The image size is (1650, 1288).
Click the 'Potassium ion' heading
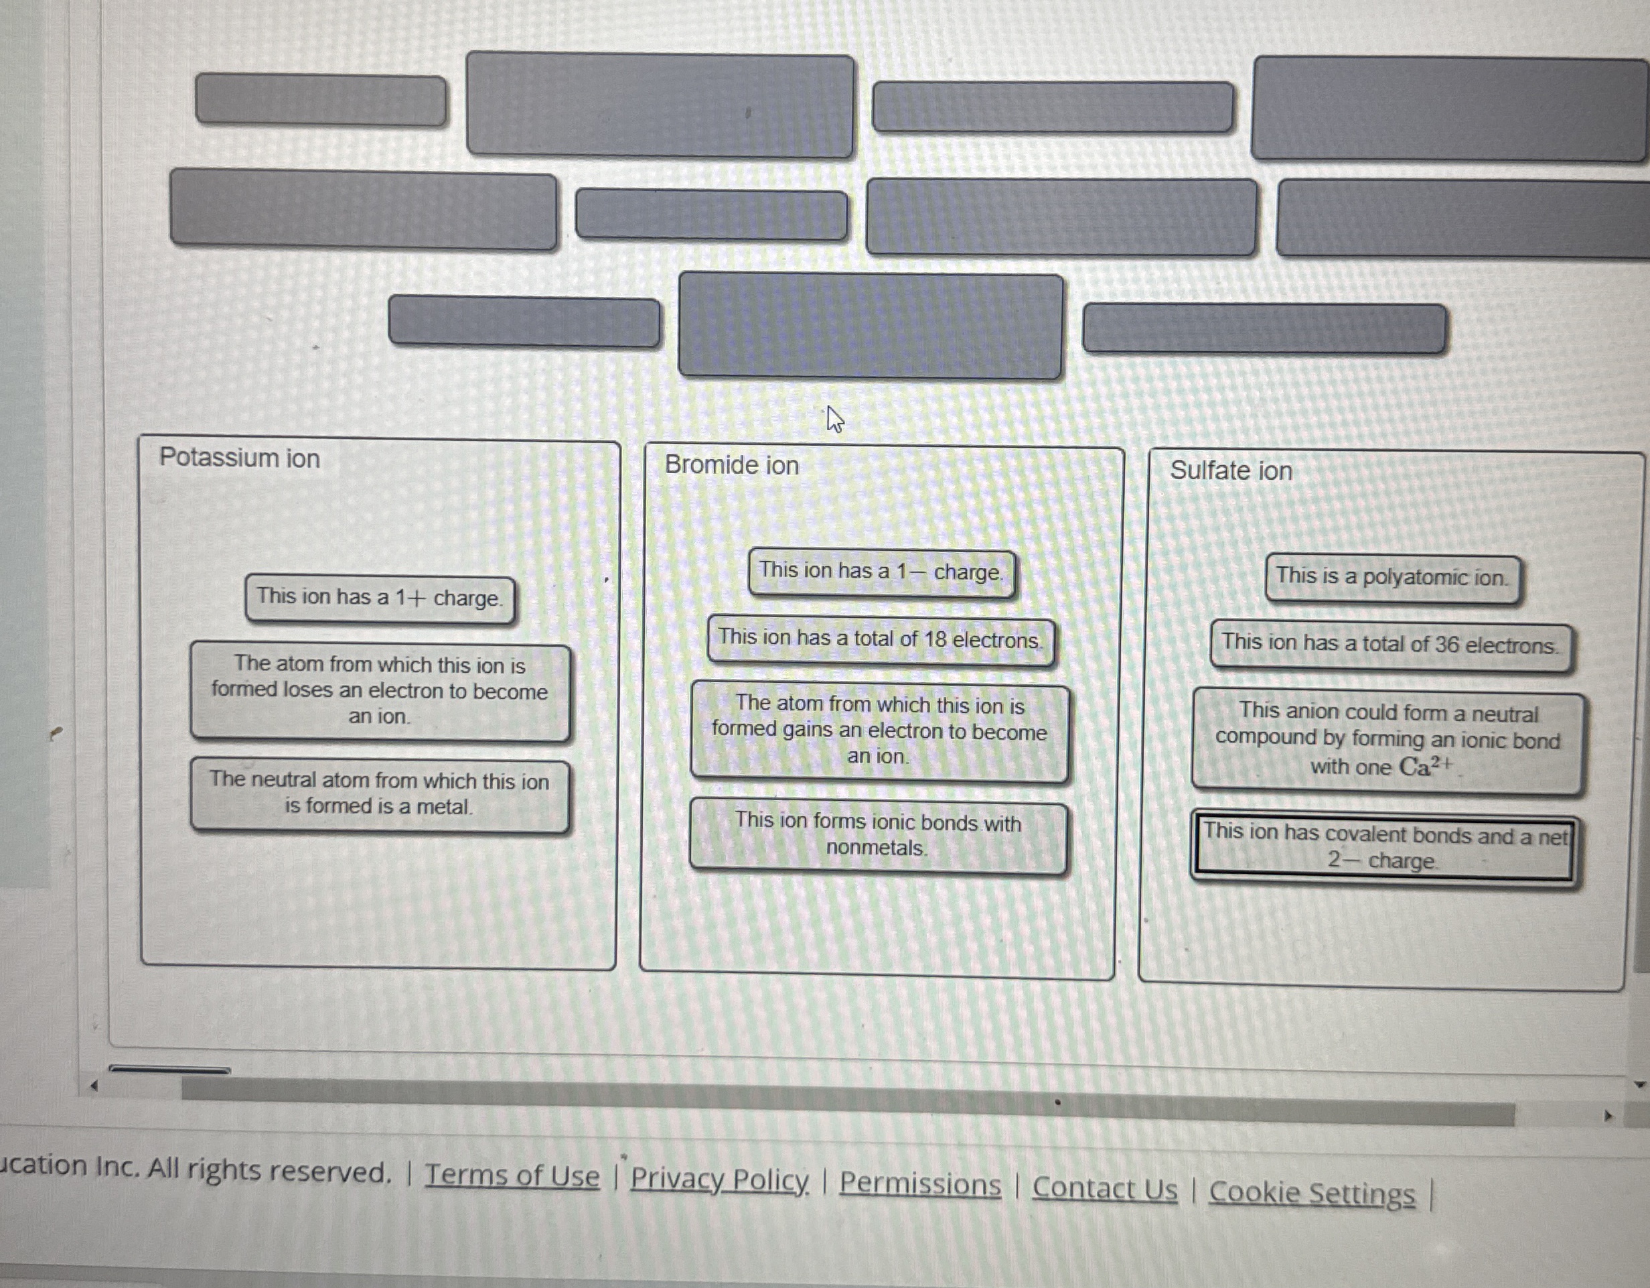pyautogui.click(x=240, y=458)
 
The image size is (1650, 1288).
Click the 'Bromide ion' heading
pyautogui.click(x=731, y=465)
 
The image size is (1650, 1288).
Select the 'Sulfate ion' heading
pyautogui.click(x=1231, y=471)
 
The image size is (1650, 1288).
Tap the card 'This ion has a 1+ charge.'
pyautogui.click(x=379, y=598)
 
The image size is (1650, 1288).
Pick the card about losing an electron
pyautogui.click(x=380, y=691)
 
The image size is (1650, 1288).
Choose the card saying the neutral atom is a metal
pyautogui.click(x=379, y=794)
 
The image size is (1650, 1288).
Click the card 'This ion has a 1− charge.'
pyautogui.click(x=881, y=572)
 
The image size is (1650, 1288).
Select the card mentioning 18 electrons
pyautogui.click(x=880, y=640)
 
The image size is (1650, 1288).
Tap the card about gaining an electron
pyautogui.click(x=879, y=732)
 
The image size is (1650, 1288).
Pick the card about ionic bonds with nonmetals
pyautogui.click(x=878, y=836)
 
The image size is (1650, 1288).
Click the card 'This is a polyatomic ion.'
pyautogui.click(x=1392, y=578)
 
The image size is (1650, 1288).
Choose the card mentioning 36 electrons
pyautogui.click(x=1390, y=645)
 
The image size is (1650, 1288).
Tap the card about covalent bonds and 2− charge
pyautogui.click(x=1384, y=847)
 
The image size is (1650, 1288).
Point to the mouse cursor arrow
pyautogui.click(x=833, y=417)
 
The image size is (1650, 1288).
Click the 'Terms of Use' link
pyautogui.click(x=512, y=1175)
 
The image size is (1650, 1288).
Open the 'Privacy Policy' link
pyautogui.click(x=719, y=1180)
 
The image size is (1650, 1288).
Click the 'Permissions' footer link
pyautogui.click(x=919, y=1184)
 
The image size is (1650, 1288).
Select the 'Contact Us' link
pyautogui.click(x=1104, y=1189)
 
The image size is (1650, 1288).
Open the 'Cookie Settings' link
pyautogui.click(x=1312, y=1194)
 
